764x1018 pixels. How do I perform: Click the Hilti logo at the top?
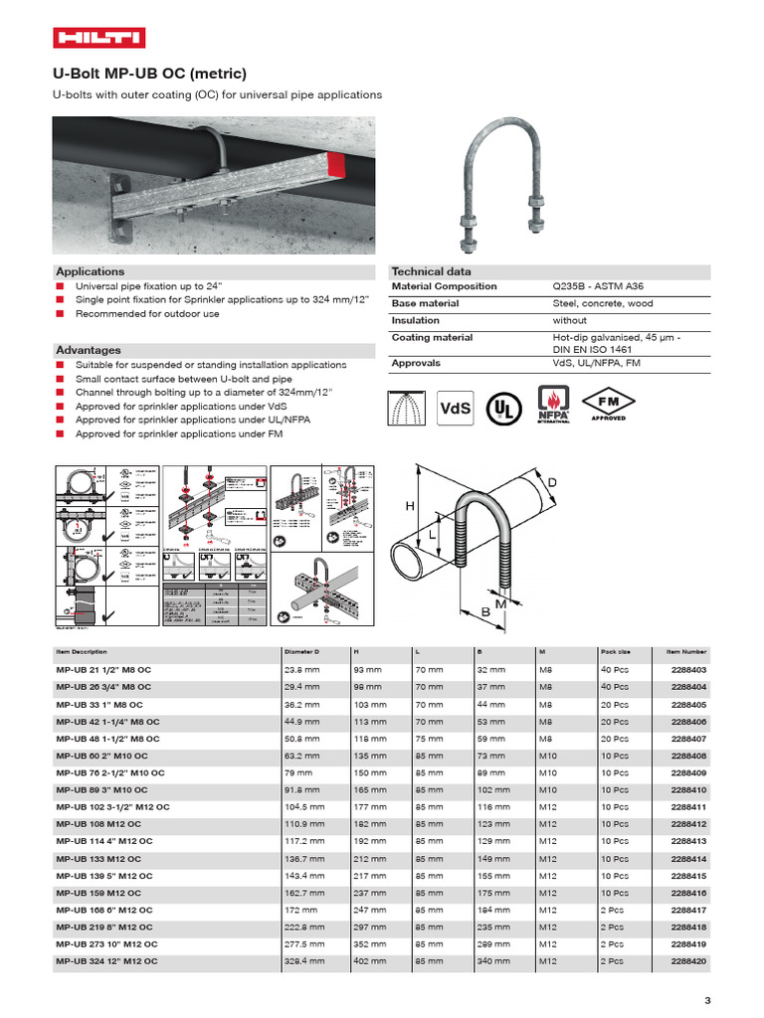tap(98, 38)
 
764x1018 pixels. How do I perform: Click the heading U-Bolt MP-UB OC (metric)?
tap(149, 74)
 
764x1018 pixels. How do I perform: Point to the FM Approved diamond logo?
tap(638, 404)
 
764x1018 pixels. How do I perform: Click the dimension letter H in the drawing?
tap(409, 506)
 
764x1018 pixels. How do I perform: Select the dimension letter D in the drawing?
tap(551, 482)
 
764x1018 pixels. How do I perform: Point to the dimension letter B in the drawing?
tap(486, 613)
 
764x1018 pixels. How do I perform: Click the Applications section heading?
tap(91, 271)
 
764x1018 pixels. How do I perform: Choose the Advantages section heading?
tap(89, 350)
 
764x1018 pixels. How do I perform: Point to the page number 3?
tap(707, 1000)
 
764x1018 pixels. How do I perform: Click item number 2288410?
tap(688, 790)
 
